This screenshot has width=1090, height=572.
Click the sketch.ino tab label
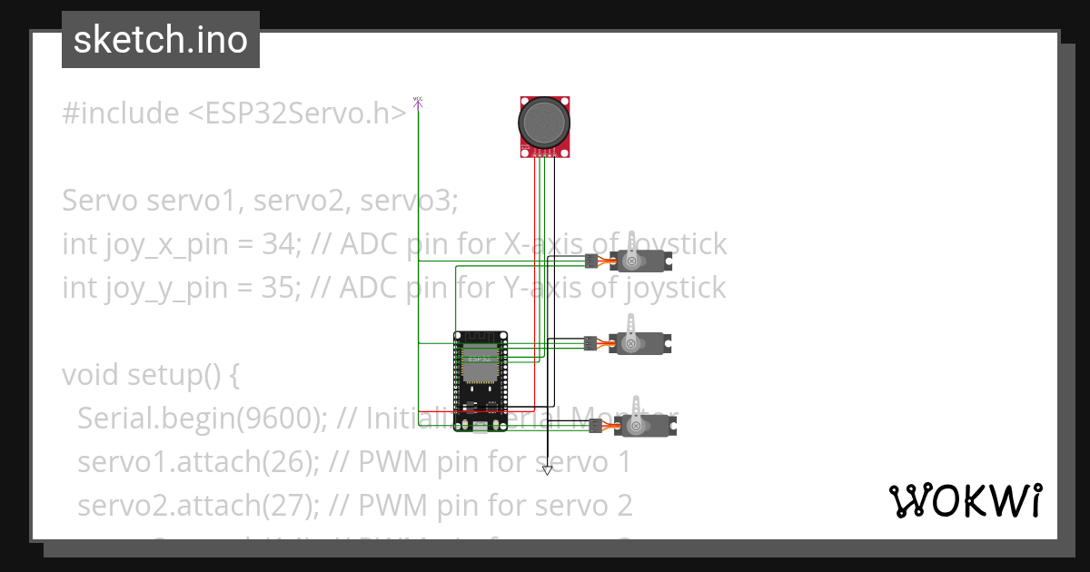[x=160, y=40]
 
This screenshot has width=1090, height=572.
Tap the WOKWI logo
[x=965, y=500]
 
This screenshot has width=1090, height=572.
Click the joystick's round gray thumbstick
[x=545, y=121]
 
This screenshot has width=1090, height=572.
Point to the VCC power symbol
[x=418, y=101]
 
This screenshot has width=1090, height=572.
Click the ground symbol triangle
[x=547, y=470]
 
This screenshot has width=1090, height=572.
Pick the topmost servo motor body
[x=640, y=262]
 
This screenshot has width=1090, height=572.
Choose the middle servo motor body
[x=640, y=343]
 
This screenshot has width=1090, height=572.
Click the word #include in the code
[x=121, y=113]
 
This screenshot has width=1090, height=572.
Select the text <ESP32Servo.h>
[x=297, y=113]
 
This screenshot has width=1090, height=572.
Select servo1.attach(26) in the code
[x=197, y=462]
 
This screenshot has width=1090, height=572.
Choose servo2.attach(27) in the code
[x=197, y=505]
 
